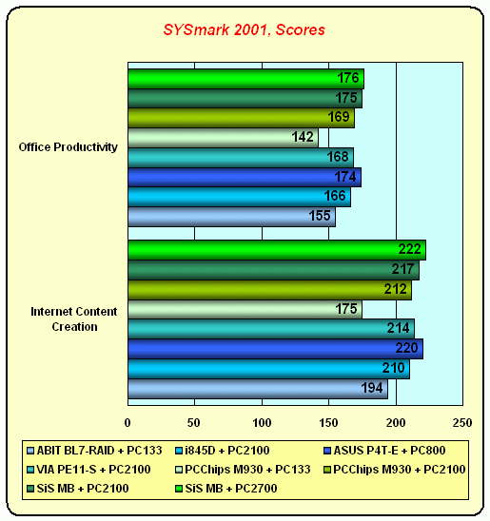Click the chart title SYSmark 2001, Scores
click(244, 29)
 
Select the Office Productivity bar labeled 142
click(223, 138)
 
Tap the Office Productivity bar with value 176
click(246, 79)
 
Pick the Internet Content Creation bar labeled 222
click(277, 250)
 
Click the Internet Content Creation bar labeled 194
click(258, 389)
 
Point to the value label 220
click(406, 348)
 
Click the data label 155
click(320, 216)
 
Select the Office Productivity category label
click(69, 146)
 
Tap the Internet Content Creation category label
click(74, 319)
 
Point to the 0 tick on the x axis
click(127, 423)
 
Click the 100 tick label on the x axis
click(262, 423)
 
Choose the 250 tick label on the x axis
click(462, 423)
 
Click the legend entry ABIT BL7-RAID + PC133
click(95, 451)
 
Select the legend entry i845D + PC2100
click(223, 451)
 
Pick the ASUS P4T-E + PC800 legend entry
click(384, 451)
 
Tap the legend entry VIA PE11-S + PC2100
click(89, 469)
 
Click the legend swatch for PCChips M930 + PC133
click(179, 470)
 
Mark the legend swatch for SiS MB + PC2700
click(179, 489)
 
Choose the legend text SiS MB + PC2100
click(83, 488)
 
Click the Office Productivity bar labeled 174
click(245, 178)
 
